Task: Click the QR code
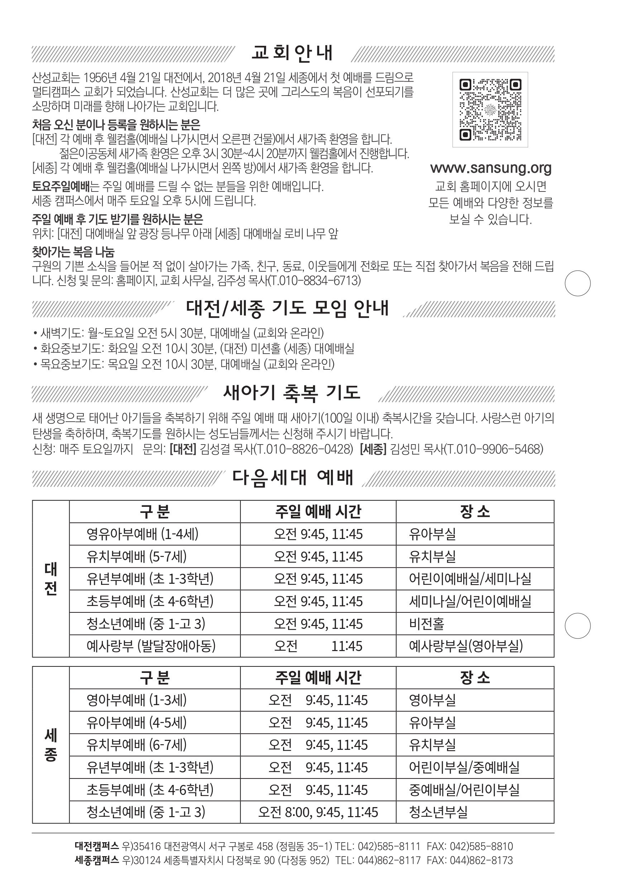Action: coord(490,110)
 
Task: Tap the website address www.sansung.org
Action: coord(490,168)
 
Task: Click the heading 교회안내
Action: coord(292,53)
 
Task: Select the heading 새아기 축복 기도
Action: coord(292,393)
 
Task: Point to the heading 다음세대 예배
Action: coord(292,478)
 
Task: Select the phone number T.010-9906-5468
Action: coord(494,449)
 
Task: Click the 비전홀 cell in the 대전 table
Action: coord(427,623)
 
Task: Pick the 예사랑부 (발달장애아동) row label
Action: coord(151,646)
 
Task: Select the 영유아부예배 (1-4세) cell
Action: coord(143,534)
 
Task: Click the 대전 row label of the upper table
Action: coord(51,579)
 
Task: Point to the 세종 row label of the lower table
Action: coord(51,745)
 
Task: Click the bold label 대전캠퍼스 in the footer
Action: coord(96,846)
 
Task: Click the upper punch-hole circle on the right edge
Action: coord(578,283)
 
